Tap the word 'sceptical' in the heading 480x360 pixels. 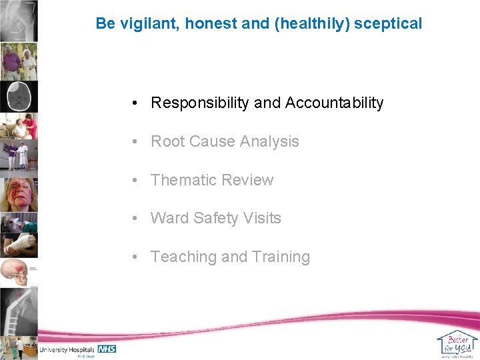(x=388, y=23)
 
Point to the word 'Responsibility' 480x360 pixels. (x=200, y=103)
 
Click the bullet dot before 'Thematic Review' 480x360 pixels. (x=135, y=180)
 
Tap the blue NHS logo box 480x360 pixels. (x=107, y=349)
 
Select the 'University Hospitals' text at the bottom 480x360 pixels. (x=67, y=349)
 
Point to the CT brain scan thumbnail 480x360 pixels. (x=19, y=97)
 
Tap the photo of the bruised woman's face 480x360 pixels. (x=19, y=194)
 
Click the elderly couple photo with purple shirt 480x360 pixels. (x=19, y=61)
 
